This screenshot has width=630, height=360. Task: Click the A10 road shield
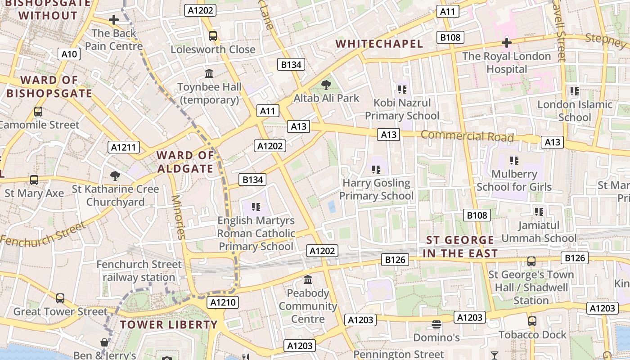pyautogui.click(x=69, y=54)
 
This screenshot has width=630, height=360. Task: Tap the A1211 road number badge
pyautogui.click(x=124, y=147)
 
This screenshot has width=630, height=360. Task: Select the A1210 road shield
pyautogui.click(x=223, y=302)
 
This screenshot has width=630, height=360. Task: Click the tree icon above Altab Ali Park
pyautogui.click(x=326, y=85)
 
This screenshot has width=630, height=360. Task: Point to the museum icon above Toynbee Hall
pyautogui.click(x=209, y=73)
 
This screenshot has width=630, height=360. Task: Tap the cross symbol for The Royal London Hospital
pyautogui.click(x=507, y=43)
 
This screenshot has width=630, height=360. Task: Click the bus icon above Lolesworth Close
pyautogui.click(x=213, y=36)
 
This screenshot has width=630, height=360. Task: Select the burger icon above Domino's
pyautogui.click(x=436, y=324)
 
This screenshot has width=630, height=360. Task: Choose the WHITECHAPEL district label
pyautogui.click(x=379, y=44)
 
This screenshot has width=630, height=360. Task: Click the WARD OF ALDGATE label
pyautogui.click(x=185, y=162)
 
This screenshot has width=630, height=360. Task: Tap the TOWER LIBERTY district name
pyautogui.click(x=169, y=324)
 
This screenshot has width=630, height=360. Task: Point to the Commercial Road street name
pyautogui.click(x=467, y=136)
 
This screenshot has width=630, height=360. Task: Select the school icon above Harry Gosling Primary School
pyautogui.click(x=376, y=170)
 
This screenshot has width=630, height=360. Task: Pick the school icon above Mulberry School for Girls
pyautogui.click(x=514, y=161)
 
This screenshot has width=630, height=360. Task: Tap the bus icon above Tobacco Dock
pyautogui.click(x=532, y=321)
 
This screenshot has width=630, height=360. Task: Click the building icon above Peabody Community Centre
pyautogui.click(x=308, y=280)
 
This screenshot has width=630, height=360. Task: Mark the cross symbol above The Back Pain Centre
pyautogui.click(x=114, y=20)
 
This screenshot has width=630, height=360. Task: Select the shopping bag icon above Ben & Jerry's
pyautogui.click(x=104, y=342)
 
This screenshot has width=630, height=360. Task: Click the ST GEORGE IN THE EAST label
pyautogui.click(x=460, y=247)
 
